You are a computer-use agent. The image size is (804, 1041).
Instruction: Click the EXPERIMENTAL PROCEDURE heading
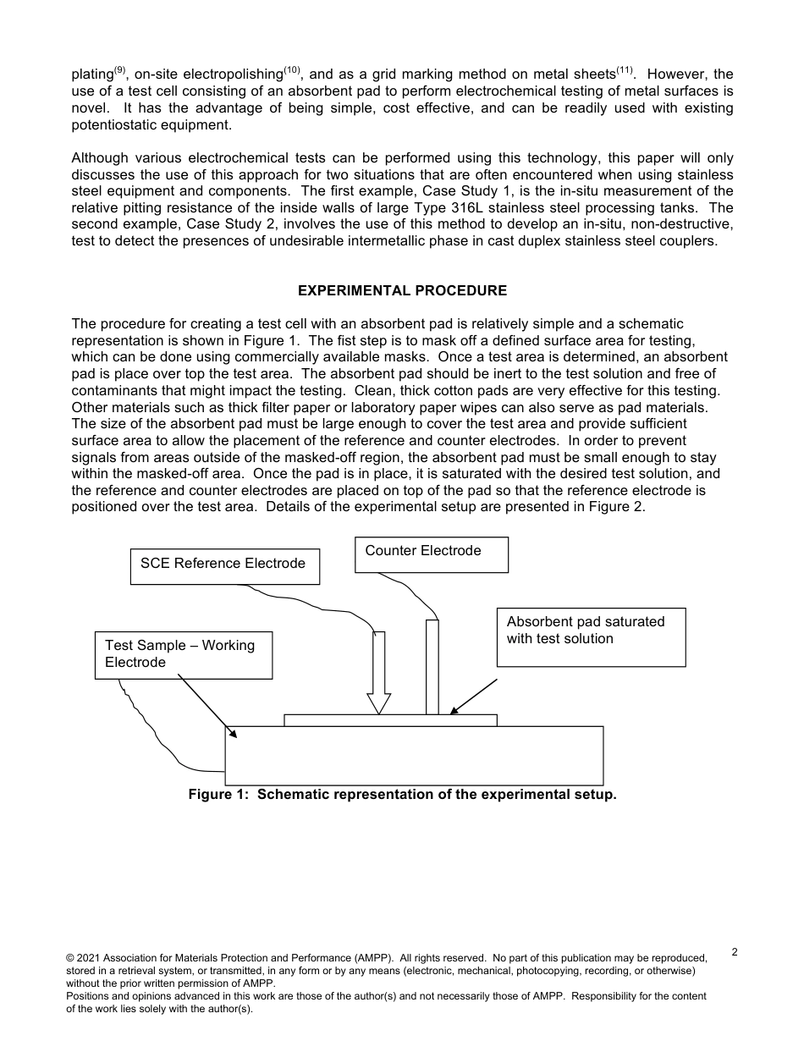(402, 291)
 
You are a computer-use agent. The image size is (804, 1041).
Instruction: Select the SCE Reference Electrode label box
(224, 565)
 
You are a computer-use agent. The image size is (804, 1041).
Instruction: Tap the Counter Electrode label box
(431, 554)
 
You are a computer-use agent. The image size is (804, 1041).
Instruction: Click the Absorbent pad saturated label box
(591, 636)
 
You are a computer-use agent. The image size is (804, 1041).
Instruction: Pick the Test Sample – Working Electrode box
(183, 654)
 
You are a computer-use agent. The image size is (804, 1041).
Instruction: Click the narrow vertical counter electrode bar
(432, 667)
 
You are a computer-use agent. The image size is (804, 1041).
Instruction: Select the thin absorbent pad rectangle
(390, 720)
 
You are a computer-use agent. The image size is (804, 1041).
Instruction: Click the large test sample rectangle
(414, 755)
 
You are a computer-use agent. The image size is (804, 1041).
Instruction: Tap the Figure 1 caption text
(402, 795)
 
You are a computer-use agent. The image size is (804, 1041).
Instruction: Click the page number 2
(734, 952)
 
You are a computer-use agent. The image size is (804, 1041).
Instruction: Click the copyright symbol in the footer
(70, 958)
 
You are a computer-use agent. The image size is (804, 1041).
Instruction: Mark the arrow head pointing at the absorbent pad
(454, 711)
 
